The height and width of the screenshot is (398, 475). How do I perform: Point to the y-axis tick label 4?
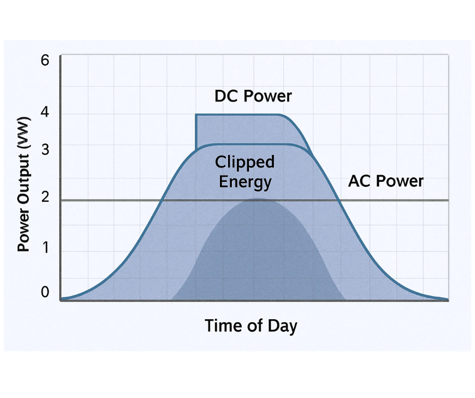point(45,113)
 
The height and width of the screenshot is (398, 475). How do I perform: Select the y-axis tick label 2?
point(45,197)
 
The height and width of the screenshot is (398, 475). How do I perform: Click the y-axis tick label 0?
point(45,292)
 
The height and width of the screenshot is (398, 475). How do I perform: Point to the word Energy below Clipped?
point(245,182)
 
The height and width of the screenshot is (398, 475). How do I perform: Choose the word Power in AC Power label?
point(399,181)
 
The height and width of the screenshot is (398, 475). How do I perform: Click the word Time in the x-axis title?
point(221,326)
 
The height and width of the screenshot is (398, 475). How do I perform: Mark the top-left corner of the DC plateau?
point(196,115)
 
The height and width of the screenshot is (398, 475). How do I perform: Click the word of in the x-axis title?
point(252,326)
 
